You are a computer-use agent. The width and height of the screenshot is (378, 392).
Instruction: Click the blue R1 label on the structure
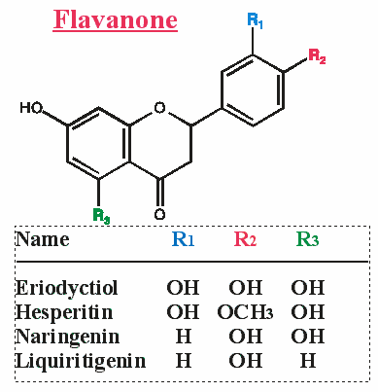tap(255, 19)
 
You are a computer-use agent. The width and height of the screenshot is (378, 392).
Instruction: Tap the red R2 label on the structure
tap(317, 55)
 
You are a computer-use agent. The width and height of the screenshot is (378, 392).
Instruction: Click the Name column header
tap(44, 239)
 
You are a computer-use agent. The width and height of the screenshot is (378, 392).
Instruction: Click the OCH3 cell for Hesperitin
tap(246, 313)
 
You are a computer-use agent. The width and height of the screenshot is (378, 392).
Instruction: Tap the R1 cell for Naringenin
tap(183, 338)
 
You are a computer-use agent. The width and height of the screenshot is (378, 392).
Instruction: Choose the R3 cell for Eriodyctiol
tap(307, 289)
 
